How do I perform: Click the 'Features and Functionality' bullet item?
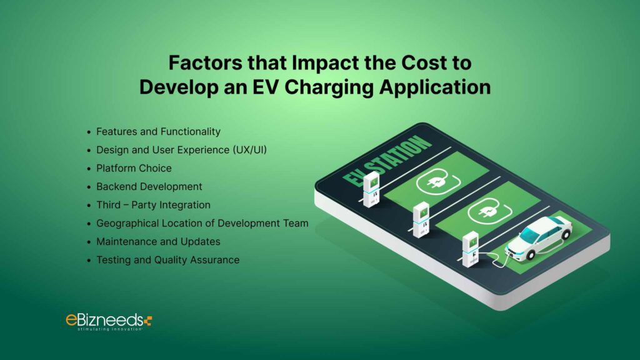click(158, 132)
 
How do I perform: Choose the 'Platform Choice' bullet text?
click(134, 168)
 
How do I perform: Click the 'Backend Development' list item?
click(149, 186)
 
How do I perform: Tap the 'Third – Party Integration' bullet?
click(153, 205)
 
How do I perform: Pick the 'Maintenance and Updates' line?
click(158, 241)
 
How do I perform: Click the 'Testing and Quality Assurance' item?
click(167, 259)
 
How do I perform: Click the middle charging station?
click(421, 219)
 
